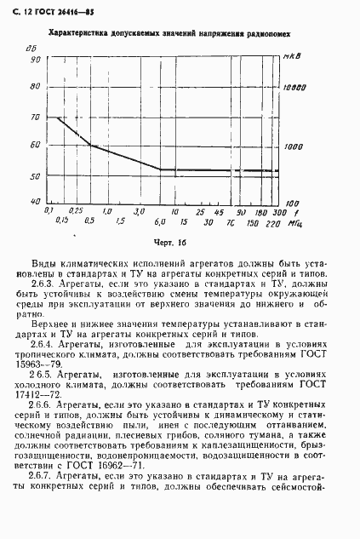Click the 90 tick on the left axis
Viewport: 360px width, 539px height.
coord(35,61)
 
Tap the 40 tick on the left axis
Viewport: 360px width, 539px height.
coord(35,201)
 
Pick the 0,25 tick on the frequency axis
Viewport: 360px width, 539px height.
coord(76,210)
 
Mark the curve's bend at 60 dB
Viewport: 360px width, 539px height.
coord(89,146)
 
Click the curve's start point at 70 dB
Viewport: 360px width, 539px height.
coord(58,118)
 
